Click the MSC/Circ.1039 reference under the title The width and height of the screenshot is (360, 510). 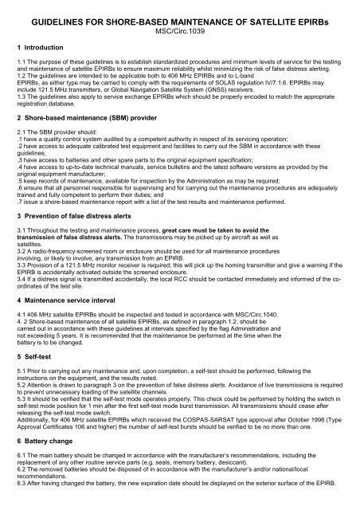(180, 32)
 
